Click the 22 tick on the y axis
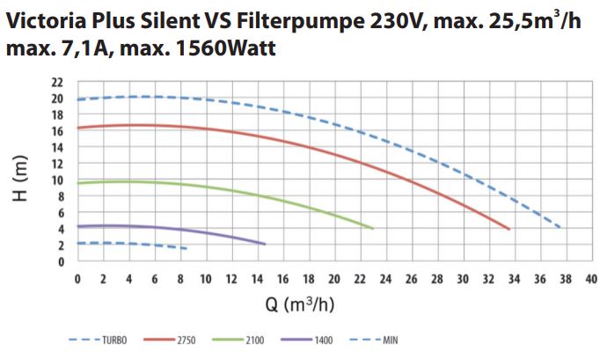coord(58,83)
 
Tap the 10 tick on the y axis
coord(58,180)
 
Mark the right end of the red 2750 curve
coord(509,229)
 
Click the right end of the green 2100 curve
coord(373,228)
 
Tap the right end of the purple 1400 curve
coord(264,244)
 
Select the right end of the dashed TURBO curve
coord(561,228)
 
